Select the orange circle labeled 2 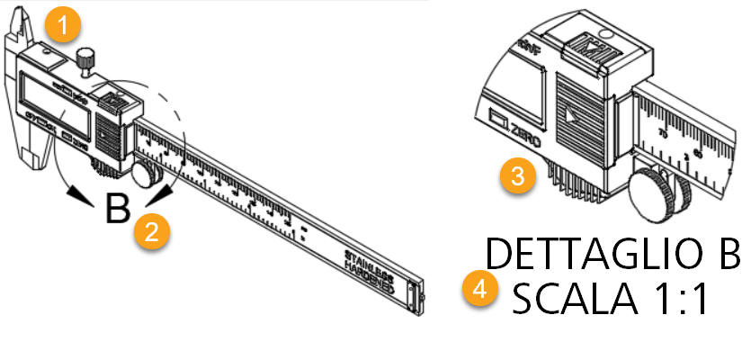coord(150,231)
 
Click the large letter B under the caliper coord(117,209)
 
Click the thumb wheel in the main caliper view coord(145,171)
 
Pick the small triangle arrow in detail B coord(572,116)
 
